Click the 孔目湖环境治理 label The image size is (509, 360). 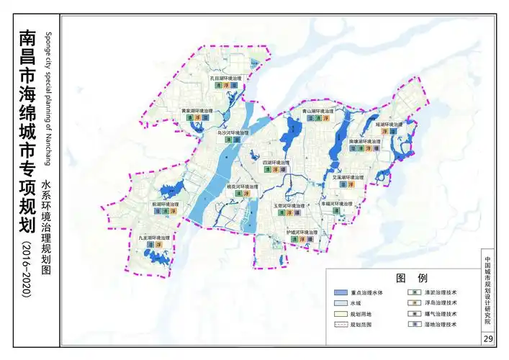coord(225,77)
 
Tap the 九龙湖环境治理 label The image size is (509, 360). coord(155,238)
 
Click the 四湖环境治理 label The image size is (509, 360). coord(275,163)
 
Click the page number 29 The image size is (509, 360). coord(489,339)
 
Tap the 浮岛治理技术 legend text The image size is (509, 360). coord(441,304)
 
